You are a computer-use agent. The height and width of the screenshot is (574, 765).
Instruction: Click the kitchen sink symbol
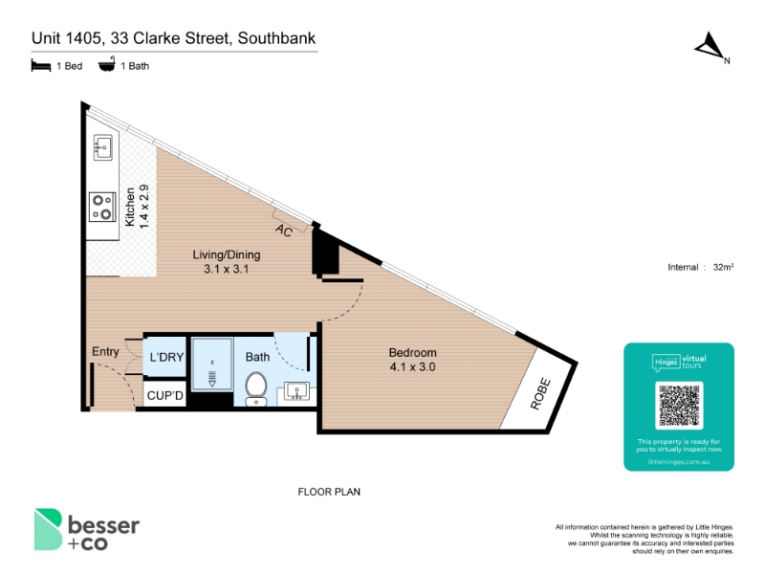click(103, 147)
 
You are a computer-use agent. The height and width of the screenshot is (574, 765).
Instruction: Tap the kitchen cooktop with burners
click(102, 207)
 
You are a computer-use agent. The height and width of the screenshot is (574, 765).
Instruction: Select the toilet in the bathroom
click(255, 389)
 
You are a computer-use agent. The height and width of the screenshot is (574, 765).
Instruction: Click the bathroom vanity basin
click(296, 391)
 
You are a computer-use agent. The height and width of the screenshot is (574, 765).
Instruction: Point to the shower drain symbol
click(212, 376)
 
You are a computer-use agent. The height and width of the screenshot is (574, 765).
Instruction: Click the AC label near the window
click(284, 230)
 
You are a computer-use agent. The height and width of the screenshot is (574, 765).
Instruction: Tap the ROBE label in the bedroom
click(540, 394)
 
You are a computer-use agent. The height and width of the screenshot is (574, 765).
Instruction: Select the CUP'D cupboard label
click(165, 395)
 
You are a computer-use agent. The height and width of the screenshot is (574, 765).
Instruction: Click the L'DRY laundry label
click(166, 357)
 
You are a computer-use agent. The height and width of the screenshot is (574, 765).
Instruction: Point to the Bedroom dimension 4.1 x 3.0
click(413, 367)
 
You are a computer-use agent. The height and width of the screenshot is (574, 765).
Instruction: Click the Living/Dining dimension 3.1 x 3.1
click(227, 269)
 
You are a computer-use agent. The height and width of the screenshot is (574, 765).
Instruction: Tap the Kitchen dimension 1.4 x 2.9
click(144, 207)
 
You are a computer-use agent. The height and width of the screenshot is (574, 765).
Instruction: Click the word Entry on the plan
click(105, 351)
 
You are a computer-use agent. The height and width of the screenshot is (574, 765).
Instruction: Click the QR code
click(679, 406)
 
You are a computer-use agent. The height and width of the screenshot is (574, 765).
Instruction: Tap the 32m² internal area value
click(723, 267)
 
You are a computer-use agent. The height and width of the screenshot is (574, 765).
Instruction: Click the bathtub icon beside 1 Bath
click(107, 64)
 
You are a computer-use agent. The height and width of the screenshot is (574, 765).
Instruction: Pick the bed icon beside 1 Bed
click(41, 65)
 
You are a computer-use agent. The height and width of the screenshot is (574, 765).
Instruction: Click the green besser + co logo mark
click(48, 530)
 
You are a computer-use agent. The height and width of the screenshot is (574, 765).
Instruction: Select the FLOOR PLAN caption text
click(329, 492)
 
